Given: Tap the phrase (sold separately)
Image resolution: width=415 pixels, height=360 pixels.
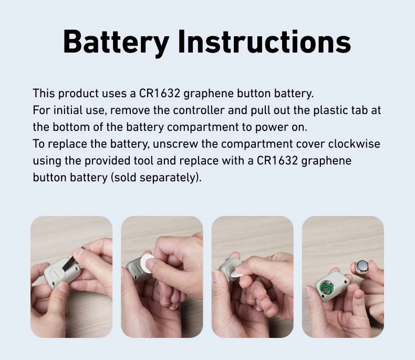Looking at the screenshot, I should coord(156,177).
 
